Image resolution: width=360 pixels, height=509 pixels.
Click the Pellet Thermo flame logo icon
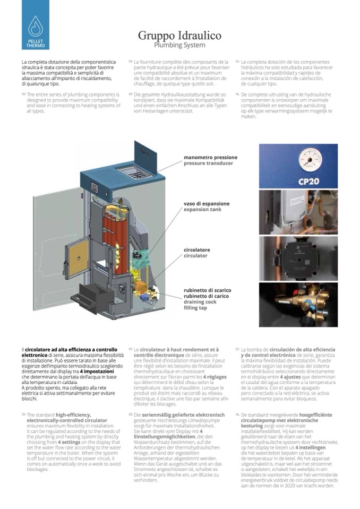[36, 25]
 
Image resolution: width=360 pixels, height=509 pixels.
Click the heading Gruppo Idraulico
[179, 36]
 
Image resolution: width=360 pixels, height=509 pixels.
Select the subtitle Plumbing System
[179, 45]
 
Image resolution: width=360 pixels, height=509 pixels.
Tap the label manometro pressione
[210, 157]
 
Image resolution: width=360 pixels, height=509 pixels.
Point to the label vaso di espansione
[207, 203]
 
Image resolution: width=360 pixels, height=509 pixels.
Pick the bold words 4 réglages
[210, 376]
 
